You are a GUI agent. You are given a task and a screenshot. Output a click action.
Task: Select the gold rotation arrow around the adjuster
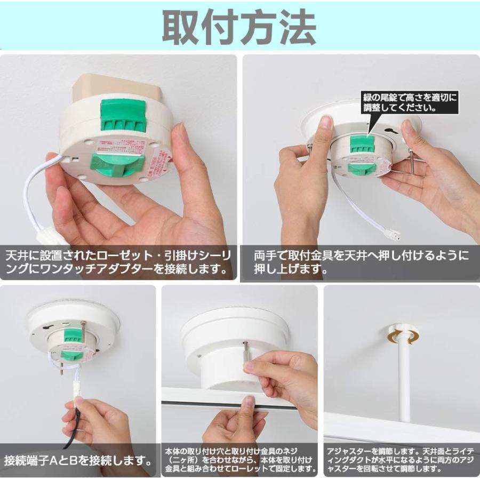(403, 337)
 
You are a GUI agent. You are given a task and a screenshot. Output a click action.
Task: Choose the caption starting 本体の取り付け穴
(239, 459)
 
